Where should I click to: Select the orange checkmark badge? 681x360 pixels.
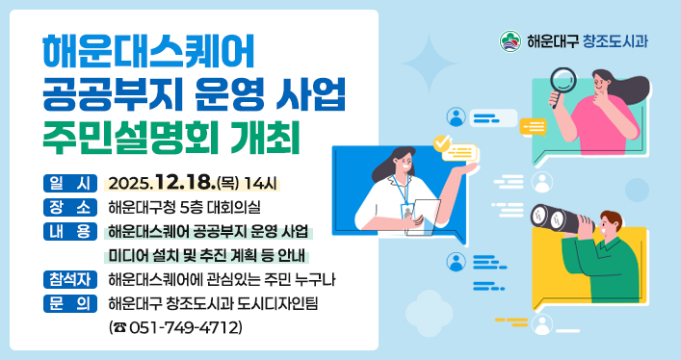442,143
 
